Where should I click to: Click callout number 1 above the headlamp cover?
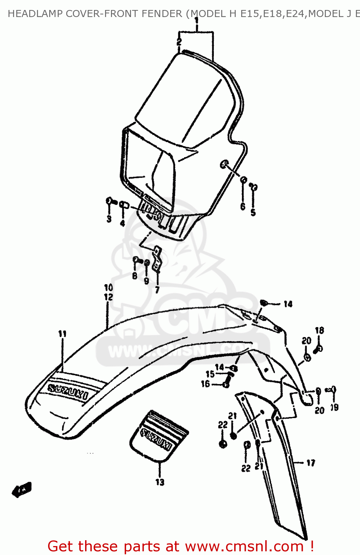coord(196,20)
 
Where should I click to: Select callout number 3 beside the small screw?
coord(109,219)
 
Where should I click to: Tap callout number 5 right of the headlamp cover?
coord(253,212)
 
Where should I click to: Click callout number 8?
coord(135,276)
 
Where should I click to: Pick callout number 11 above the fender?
coord(62,334)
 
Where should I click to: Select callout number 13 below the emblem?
coord(159,482)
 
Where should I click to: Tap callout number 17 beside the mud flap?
coord(311,462)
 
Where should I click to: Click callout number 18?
coord(319,330)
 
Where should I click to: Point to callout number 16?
coord(205,384)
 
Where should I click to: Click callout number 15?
coord(210,374)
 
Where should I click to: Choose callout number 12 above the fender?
coord(108,297)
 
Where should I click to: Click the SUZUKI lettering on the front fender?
coord(68,392)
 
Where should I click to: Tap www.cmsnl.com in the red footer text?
coord(244,546)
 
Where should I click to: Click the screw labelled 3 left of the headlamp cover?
coord(110,201)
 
